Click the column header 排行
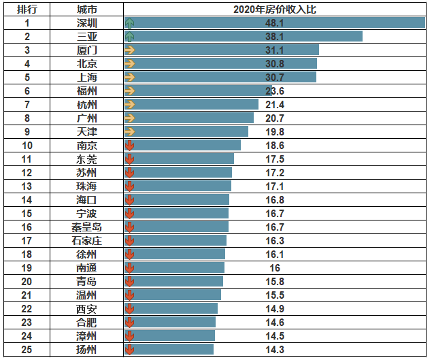(x=27, y=10)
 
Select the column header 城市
(x=87, y=10)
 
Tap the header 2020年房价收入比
(x=275, y=10)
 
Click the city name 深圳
(x=87, y=22)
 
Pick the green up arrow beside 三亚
(x=130, y=36)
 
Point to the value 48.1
(x=275, y=22)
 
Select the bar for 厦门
(x=221, y=50)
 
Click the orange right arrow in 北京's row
(x=130, y=63)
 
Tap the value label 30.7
(x=275, y=77)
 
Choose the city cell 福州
(x=87, y=91)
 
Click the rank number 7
(x=27, y=104)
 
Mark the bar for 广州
(x=189, y=118)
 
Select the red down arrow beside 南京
(x=130, y=145)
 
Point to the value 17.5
(x=275, y=159)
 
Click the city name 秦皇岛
(x=87, y=227)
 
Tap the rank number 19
(x=27, y=267)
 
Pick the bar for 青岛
(x=173, y=281)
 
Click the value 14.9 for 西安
(x=275, y=308)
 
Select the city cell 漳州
(x=87, y=336)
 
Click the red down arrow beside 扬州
(x=130, y=349)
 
